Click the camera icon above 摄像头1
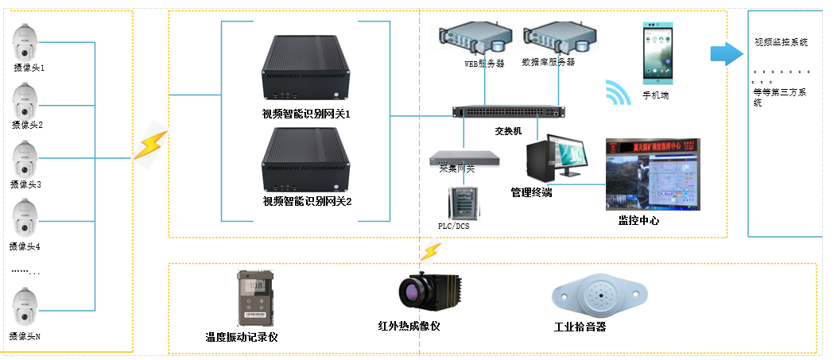[x=25, y=42]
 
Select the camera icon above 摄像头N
[x=25, y=310]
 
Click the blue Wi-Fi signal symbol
[x=617, y=92]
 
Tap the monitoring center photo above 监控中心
[x=653, y=174]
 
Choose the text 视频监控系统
[x=782, y=42]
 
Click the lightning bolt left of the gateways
[x=149, y=145]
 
